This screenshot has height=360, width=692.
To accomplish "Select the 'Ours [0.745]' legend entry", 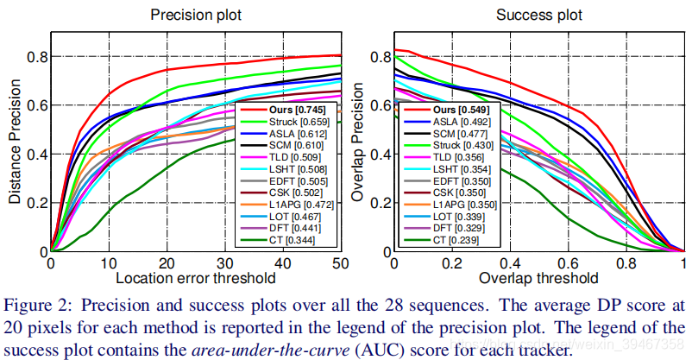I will tap(278, 111).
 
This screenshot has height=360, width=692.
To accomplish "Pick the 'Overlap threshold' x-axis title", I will tap(538, 278).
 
